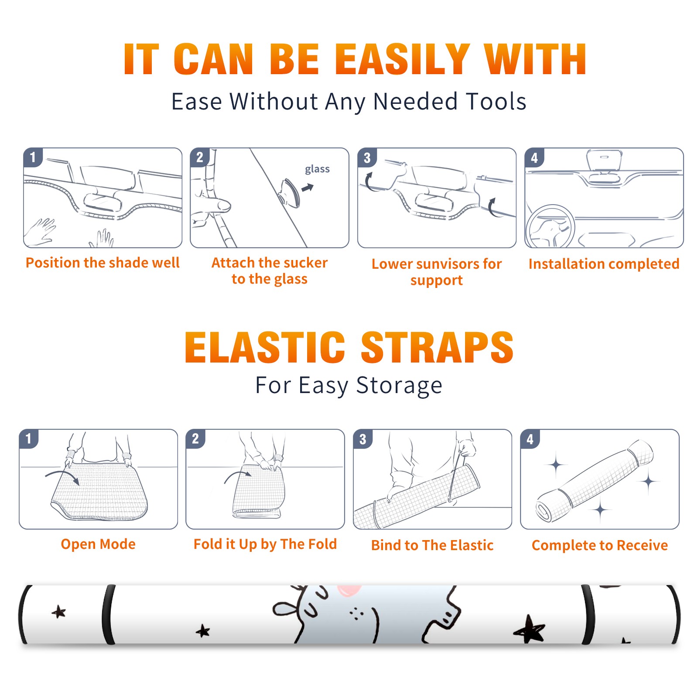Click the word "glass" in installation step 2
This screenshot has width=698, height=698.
pos(317,169)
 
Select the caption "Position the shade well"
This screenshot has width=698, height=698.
pos(103,263)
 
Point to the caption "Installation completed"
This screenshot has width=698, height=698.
pos(604,263)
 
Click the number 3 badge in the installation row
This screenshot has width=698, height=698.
pos(367,157)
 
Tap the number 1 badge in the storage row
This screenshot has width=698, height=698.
pos(29,438)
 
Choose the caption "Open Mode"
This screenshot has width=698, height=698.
pos(98,544)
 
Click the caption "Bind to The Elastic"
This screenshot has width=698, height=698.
pos(432,545)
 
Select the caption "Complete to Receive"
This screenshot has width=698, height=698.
pos(600,545)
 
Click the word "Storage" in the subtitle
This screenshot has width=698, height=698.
pos(399,386)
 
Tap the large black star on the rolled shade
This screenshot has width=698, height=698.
pos(530,629)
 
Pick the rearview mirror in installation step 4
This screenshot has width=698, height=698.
pos(604,161)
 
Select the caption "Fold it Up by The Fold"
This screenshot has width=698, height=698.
pos(265,544)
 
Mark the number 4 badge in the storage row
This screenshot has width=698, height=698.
pos(530,438)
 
